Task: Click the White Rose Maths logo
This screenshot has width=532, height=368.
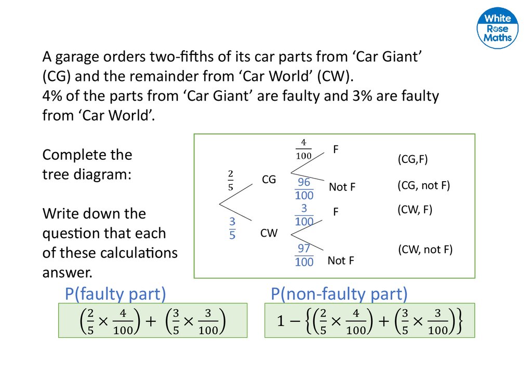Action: [x=498, y=29]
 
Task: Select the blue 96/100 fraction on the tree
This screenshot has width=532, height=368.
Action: [x=304, y=188]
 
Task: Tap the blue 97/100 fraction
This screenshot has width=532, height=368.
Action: [x=304, y=255]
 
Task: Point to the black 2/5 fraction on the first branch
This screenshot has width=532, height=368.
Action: [x=230, y=179]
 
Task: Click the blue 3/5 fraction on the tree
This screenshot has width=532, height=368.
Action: [x=232, y=228]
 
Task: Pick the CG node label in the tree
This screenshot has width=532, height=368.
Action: [x=269, y=180]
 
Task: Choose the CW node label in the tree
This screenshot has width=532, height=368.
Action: [x=269, y=234]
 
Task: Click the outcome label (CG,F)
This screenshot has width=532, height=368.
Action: [x=413, y=159]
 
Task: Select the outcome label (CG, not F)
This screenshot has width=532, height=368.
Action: [x=423, y=185]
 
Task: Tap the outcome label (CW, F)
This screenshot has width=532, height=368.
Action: [x=415, y=210]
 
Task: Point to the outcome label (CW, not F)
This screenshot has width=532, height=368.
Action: [x=425, y=250]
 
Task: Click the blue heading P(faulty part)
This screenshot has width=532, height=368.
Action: [x=115, y=294]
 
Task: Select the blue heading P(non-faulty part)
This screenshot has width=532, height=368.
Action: [x=339, y=294]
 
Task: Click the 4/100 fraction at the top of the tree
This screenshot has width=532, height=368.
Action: [x=304, y=149]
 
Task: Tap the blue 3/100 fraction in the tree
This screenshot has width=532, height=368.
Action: [x=304, y=215]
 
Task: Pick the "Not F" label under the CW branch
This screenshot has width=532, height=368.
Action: [x=340, y=261]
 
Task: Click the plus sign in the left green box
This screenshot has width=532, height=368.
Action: [x=151, y=322]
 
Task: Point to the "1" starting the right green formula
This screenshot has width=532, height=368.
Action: [x=281, y=322]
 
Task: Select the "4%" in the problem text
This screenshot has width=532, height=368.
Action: [x=52, y=96]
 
